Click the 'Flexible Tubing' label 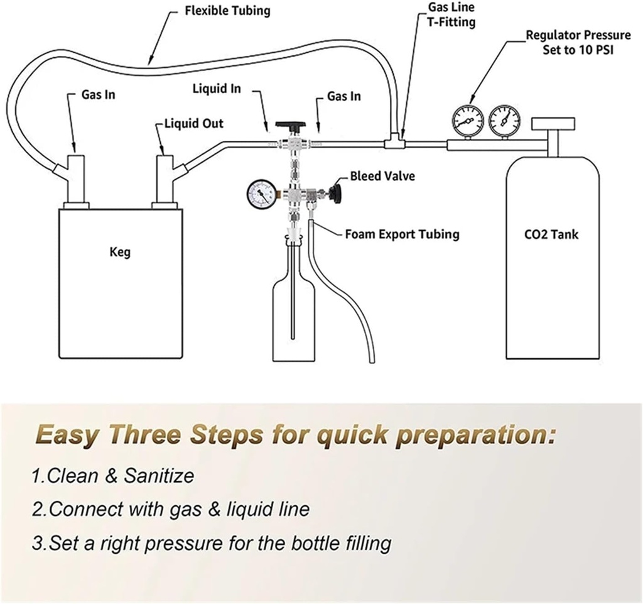[x=227, y=11]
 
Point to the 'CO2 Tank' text [x=551, y=235]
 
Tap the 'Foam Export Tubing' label [x=402, y=234]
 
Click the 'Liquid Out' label [x=193, y=123]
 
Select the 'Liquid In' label [x=216, y=89]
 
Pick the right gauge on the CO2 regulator [x=503, y=118]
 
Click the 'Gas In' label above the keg [x=99, y=96]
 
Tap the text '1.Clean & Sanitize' [x=113, y=476]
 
